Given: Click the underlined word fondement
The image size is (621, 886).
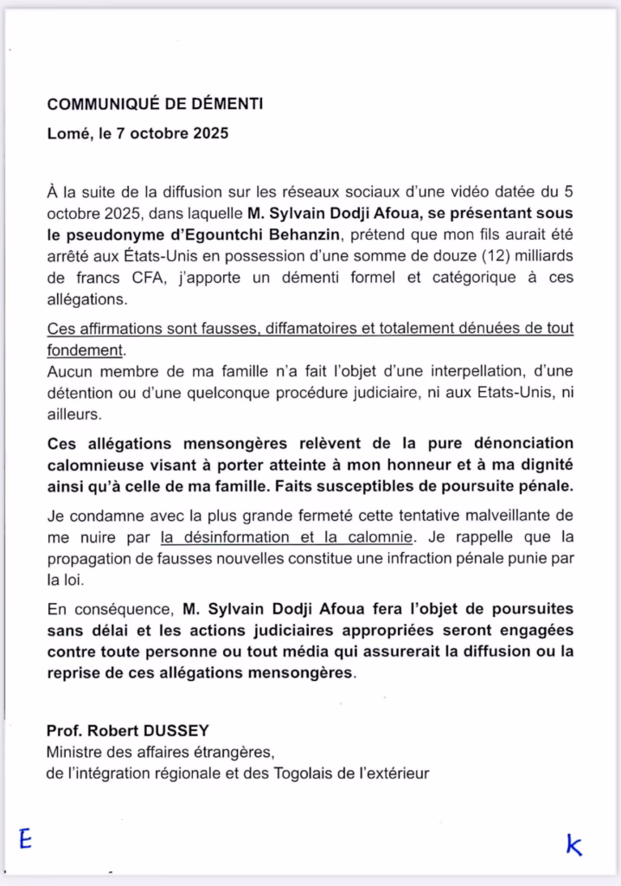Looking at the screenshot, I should [85, 351].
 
